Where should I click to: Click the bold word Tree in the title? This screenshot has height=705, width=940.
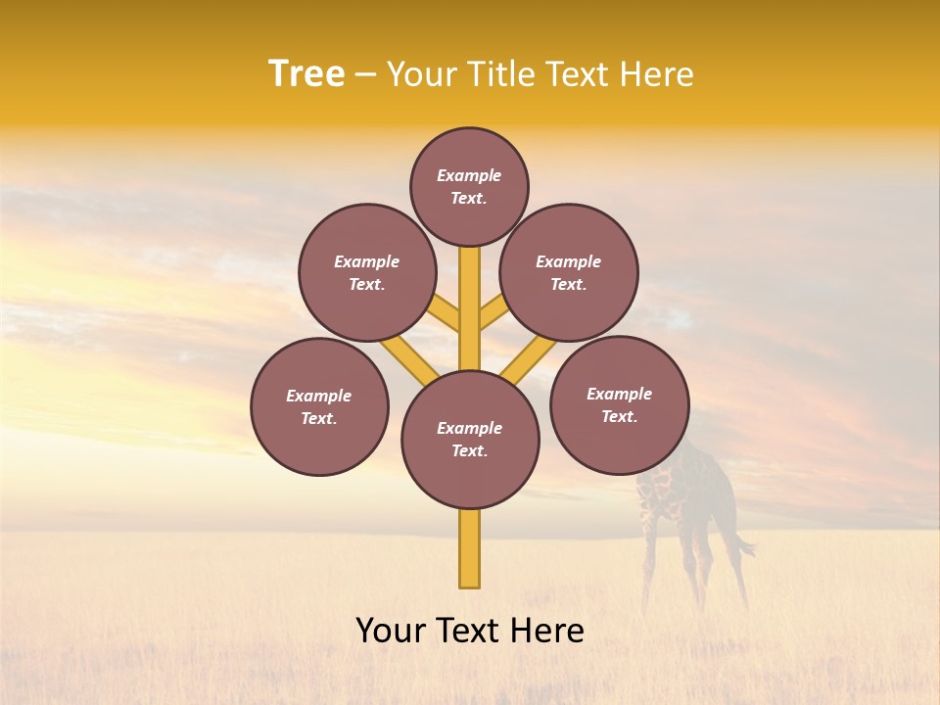coord(306,73)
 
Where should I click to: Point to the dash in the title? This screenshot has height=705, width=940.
coord(366,75)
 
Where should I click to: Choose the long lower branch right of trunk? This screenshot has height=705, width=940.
coord(529,359)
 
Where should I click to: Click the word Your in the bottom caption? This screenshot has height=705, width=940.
coord(391,631)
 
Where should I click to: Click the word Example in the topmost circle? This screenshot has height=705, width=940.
coord(469,175)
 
